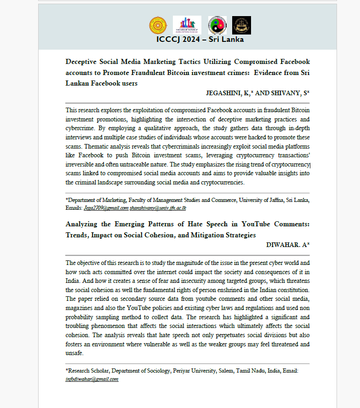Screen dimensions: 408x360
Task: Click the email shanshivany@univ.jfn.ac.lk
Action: click(158, 208)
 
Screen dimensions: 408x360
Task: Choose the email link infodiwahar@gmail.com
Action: click(92, 379)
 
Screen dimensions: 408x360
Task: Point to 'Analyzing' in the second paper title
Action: click(85, 224)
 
